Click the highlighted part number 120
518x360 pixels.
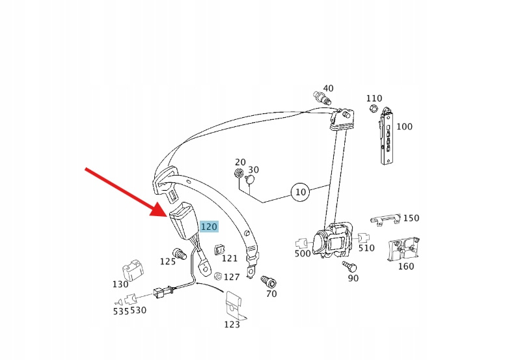(209, 227)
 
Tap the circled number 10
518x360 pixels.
(300, 192)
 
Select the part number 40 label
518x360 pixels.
(328, 89)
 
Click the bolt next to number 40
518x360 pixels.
(321, 98)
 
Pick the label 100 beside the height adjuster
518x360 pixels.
(404, 127)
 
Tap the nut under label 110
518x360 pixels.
(374, 107)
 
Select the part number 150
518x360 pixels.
(411, 218)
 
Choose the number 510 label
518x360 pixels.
(367, 247)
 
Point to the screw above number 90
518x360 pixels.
(349, 266)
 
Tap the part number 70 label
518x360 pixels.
(271, 294)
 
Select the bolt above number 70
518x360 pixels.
(267, 281)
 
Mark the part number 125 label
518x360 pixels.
(168, 262)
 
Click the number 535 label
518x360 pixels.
(121, 311)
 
